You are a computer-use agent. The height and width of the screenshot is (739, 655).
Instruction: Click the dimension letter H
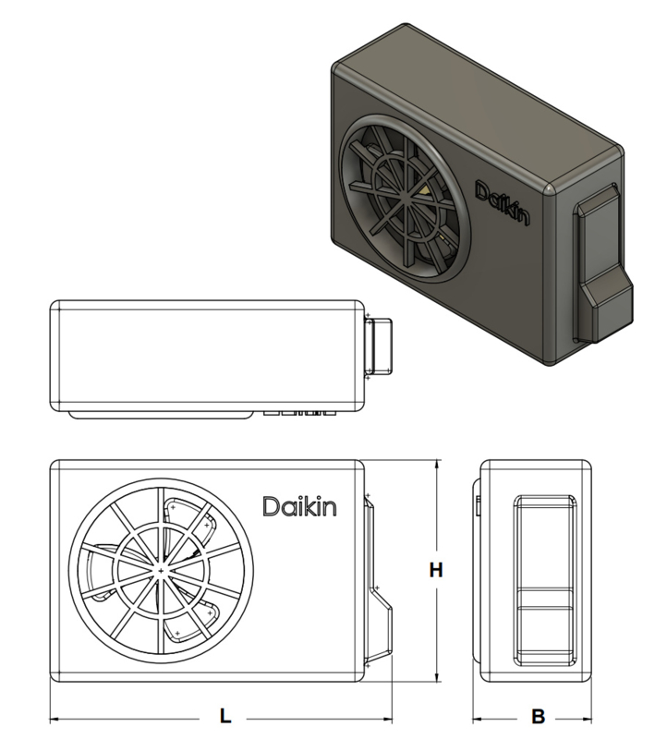(x=436, y=570)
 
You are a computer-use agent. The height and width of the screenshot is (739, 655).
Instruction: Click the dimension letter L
(x=225, y=716)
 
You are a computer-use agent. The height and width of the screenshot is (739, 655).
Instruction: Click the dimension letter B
(x=539, y=717)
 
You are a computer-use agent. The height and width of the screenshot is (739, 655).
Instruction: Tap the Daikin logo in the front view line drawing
(x=299, y=507)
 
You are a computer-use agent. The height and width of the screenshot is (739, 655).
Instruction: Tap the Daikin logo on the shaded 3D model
(x=503, y=202)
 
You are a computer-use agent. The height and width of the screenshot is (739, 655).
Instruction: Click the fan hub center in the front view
(x=161, y=571)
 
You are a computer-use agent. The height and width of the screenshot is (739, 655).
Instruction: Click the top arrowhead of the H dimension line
(x=437, y=464)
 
